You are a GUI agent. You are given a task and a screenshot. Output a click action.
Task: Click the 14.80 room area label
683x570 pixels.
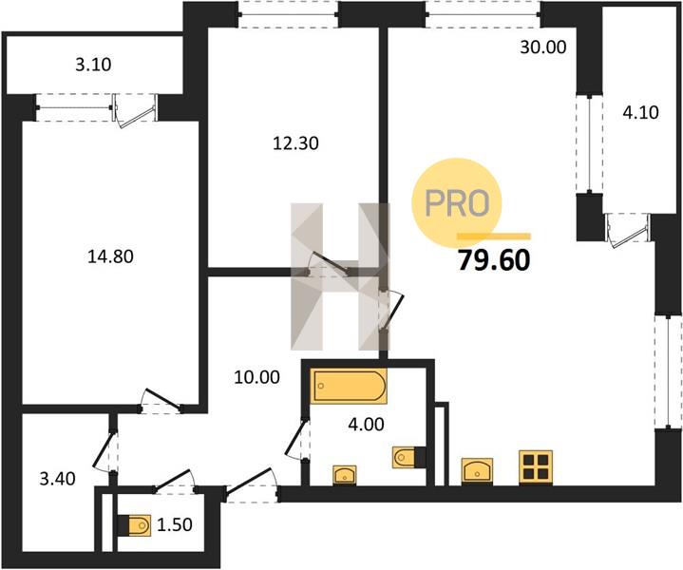[110, 256]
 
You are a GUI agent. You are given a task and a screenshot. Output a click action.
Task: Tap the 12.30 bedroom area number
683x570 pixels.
[295, 142]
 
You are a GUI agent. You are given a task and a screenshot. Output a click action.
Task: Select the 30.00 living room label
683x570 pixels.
[543, 47]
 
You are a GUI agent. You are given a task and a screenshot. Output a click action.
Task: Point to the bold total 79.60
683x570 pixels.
[494, 260]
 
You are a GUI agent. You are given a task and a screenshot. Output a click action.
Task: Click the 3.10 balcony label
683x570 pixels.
[93, 65]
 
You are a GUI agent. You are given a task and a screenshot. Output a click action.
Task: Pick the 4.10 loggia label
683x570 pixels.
[640, 113]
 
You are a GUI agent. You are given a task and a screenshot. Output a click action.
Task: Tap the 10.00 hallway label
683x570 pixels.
[256, 377]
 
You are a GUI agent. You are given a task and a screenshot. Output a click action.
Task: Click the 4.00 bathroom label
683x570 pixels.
[366, 424]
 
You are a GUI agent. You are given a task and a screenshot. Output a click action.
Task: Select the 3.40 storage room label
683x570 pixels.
[57, 479]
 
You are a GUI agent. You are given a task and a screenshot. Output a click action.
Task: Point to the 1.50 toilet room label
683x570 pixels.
[174, 524]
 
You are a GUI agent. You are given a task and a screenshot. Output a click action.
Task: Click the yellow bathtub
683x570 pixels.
[349, 387]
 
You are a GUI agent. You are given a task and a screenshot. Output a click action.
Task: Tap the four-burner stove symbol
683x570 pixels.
[536, 467]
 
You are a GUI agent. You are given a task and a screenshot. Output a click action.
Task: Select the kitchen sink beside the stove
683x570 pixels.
[478, 471]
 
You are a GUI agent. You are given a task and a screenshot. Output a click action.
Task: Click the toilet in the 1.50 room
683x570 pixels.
[135, 524]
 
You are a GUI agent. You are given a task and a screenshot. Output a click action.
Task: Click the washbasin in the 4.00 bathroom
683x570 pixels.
[345, 475]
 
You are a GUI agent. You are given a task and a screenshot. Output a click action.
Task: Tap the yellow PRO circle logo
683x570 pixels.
[457, 202]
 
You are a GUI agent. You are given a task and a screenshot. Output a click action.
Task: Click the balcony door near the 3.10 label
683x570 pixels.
[135, 110]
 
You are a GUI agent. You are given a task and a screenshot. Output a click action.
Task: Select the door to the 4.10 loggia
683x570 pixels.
[628, 230]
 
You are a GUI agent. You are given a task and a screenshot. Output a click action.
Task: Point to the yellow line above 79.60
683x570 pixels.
[494, 237]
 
